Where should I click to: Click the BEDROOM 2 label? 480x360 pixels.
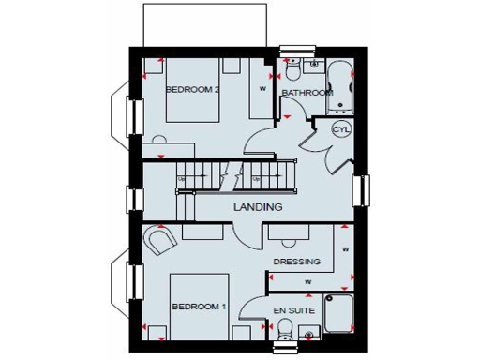[192, 90]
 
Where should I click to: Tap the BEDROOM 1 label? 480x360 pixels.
[198, 307]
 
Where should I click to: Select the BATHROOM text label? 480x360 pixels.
[307, 94]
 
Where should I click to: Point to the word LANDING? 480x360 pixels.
[260, 206]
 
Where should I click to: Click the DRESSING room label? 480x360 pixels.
[296, 262]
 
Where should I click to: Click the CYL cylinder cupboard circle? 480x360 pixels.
[339, 130]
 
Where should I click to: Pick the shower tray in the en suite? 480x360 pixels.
[339, 314]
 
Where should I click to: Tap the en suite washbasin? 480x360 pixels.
[312, 332]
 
